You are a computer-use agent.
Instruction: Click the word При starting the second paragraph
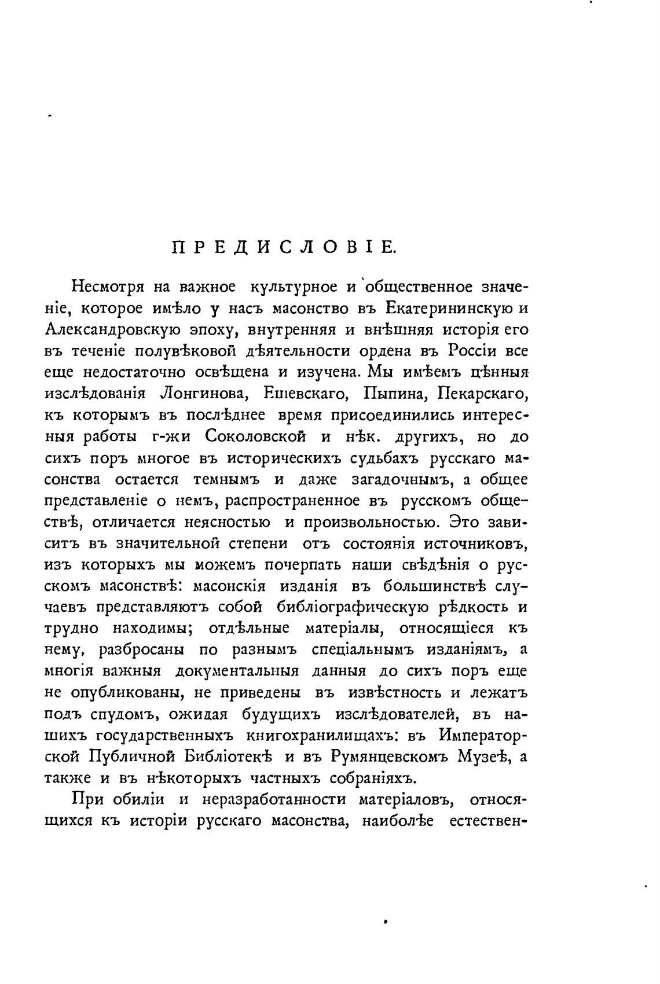[86, 799]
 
